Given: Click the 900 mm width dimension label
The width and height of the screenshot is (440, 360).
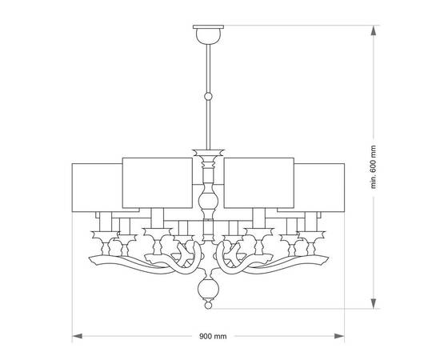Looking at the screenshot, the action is [213, 336].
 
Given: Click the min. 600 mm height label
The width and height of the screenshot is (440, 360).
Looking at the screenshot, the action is [374, 167].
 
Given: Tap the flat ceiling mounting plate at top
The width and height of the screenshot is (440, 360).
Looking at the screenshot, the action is [208, 26].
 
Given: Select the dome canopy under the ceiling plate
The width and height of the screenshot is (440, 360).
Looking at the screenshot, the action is [208, 37].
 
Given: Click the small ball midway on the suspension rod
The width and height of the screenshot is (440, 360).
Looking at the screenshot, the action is [208, 97].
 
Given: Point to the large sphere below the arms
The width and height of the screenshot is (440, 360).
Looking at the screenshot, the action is [208, 289].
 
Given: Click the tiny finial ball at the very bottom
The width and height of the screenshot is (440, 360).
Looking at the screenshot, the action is [208, 305].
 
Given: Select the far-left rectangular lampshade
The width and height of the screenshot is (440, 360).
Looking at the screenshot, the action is [97, 187].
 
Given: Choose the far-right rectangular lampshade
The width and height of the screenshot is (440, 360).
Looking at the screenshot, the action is [319, 187].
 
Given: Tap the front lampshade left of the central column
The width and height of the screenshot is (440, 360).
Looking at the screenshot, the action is [158, 182].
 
